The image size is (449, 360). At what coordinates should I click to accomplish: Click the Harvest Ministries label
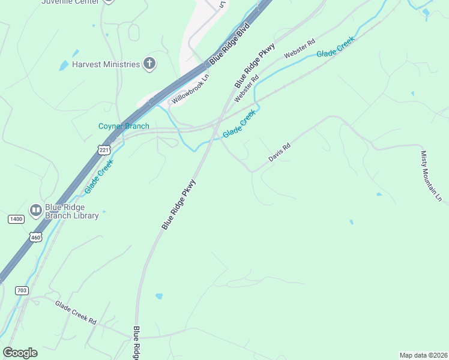point(106,64)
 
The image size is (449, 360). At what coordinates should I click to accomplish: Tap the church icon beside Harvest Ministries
point(149,64)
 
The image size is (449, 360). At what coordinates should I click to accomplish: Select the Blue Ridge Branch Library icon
point(36,210)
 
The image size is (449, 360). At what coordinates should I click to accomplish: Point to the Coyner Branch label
point(124,127)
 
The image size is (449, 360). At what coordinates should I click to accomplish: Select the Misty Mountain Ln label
point(431,175)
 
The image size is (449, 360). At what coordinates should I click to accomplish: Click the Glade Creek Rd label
point(76,313)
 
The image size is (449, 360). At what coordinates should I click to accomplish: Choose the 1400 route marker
point(16,220)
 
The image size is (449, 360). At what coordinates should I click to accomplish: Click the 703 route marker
point(22,290)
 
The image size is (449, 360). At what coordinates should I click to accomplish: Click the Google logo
point(20,353)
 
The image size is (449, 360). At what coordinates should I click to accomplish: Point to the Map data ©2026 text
point(423,355)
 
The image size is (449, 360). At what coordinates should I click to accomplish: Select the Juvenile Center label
point(70,2)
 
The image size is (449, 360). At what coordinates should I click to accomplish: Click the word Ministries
point(122,64)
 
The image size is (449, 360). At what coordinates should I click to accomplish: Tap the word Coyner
point(111,127)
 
